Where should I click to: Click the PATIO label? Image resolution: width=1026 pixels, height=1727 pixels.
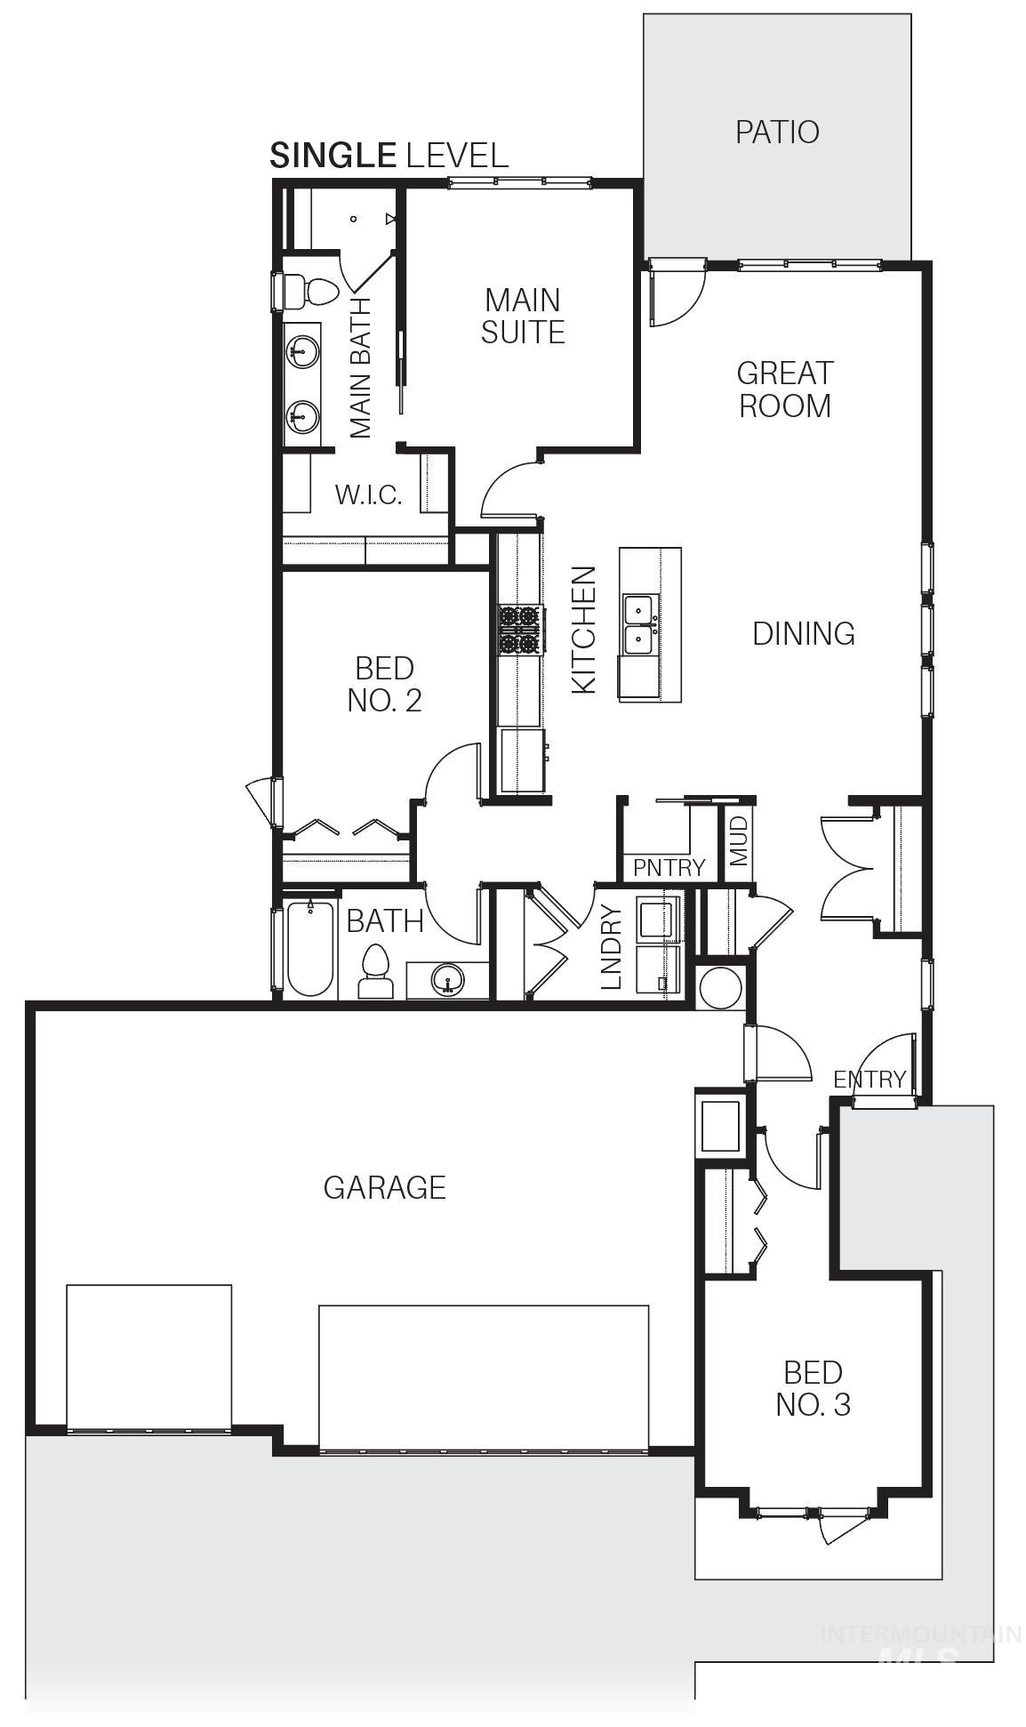pyautogui.click(x=777, y=132)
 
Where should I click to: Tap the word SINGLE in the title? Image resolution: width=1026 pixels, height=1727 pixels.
pyautogui.click(x=333, y=156)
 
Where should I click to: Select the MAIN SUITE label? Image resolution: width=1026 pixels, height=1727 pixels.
pyautogui.click(x=523, y=316)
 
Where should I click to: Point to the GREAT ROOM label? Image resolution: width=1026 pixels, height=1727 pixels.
pyautogui.click(x=785, y=389)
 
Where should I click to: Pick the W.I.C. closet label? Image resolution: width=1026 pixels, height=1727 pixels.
pyautogui.click(x=368, y=494)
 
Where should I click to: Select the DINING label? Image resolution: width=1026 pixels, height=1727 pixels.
pyautogui.click(x=804, y=634)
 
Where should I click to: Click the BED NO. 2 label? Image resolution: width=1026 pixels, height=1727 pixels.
pyautogui.click(x=384, y=684)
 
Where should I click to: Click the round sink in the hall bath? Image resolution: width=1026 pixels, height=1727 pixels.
pyautogui.click(x=447, y=980)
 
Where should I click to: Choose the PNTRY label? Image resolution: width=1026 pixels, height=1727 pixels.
pyautogui.click(x=669, y=868)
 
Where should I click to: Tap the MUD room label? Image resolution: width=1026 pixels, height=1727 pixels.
pyautogui.click(x=740, y=841)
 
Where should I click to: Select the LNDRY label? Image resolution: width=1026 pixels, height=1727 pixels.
pyautogui.click(x=611, y=948)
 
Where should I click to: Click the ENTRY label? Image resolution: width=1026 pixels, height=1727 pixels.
pyautogui.click(x=869, y=1079)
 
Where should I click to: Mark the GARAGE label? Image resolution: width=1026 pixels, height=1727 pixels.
pyautogui.click(x=384, y=1187)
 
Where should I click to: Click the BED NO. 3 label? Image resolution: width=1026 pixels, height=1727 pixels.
pyautogui.click(x=813, y=1388)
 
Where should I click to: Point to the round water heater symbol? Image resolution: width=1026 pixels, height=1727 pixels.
pyautogui.click(x=719, y=988)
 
